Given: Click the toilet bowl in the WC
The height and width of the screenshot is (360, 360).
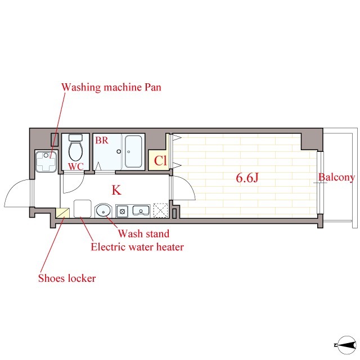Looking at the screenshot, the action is [76, 151].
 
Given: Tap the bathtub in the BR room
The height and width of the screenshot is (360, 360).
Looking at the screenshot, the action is [133, 151].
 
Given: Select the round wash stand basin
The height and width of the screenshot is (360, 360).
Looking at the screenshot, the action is [103, 210].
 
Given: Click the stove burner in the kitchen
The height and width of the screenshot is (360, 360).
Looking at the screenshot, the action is [122, 211].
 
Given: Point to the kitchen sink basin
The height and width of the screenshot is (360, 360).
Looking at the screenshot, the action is [141, 210].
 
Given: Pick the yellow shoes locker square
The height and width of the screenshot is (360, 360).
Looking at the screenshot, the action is [62, 213].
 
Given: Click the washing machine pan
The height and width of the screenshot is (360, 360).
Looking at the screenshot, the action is [46, 161].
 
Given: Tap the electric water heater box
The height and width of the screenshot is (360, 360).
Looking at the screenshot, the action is [83, 209].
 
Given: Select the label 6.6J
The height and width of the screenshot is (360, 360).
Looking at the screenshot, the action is [247, 178].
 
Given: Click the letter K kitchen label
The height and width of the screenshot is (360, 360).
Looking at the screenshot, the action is [116, 190].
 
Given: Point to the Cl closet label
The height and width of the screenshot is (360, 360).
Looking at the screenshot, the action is [160, 160].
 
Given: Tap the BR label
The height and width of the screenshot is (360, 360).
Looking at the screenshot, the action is [102, 140].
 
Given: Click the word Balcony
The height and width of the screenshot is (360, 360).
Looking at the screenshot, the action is [336, 178].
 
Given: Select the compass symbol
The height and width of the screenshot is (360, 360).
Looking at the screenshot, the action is [346, 345].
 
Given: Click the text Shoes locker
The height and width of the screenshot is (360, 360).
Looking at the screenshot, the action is [67, 278].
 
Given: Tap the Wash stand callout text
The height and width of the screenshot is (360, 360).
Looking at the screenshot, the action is [144, 234].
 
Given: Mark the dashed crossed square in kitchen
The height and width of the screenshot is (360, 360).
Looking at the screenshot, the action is [160, 210].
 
